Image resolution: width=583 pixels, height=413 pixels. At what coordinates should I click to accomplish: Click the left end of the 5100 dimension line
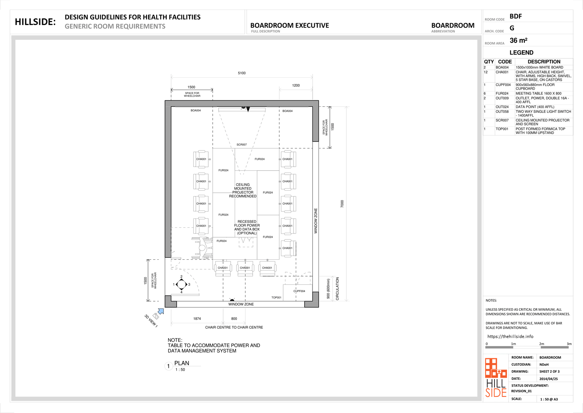click(171, 77)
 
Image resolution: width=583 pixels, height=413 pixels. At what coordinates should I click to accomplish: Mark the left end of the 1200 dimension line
click(279, 89)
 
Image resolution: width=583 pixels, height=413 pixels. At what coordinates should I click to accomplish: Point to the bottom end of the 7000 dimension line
click(346, 301)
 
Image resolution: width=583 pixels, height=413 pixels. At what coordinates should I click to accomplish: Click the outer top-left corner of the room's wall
click(165, 100)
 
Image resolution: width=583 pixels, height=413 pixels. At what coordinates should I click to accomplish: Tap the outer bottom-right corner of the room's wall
click(319, 307)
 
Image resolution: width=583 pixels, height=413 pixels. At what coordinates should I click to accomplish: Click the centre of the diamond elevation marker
click(181, 284)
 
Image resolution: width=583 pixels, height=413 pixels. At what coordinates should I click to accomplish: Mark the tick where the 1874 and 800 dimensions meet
click(223, 323)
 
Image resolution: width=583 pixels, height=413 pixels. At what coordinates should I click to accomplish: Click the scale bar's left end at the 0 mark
click(486, 347)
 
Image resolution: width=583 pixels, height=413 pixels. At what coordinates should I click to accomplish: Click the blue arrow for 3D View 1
click(161, 311)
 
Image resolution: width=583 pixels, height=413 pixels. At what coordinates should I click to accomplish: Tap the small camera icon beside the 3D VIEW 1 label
click(156, 316)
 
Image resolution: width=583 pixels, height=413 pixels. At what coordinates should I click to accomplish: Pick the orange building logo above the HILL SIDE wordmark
click(496, 368)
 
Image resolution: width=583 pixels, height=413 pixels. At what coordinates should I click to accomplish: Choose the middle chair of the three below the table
click(245, 268)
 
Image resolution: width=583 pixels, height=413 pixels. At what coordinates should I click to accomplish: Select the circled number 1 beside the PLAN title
click(168, 366)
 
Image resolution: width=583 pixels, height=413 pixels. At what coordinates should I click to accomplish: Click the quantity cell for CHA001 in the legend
click(486, 72)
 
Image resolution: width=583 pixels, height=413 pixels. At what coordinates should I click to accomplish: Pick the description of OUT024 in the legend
click(535, 107)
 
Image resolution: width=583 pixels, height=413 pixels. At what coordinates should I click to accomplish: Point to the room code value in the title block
click(516, 17)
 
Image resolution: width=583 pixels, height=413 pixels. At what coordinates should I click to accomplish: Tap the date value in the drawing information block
click(548, 379)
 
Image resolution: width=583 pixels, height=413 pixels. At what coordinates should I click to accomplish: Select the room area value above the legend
click(518, 41)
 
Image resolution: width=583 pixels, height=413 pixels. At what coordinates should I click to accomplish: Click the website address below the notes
click(510, 337)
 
